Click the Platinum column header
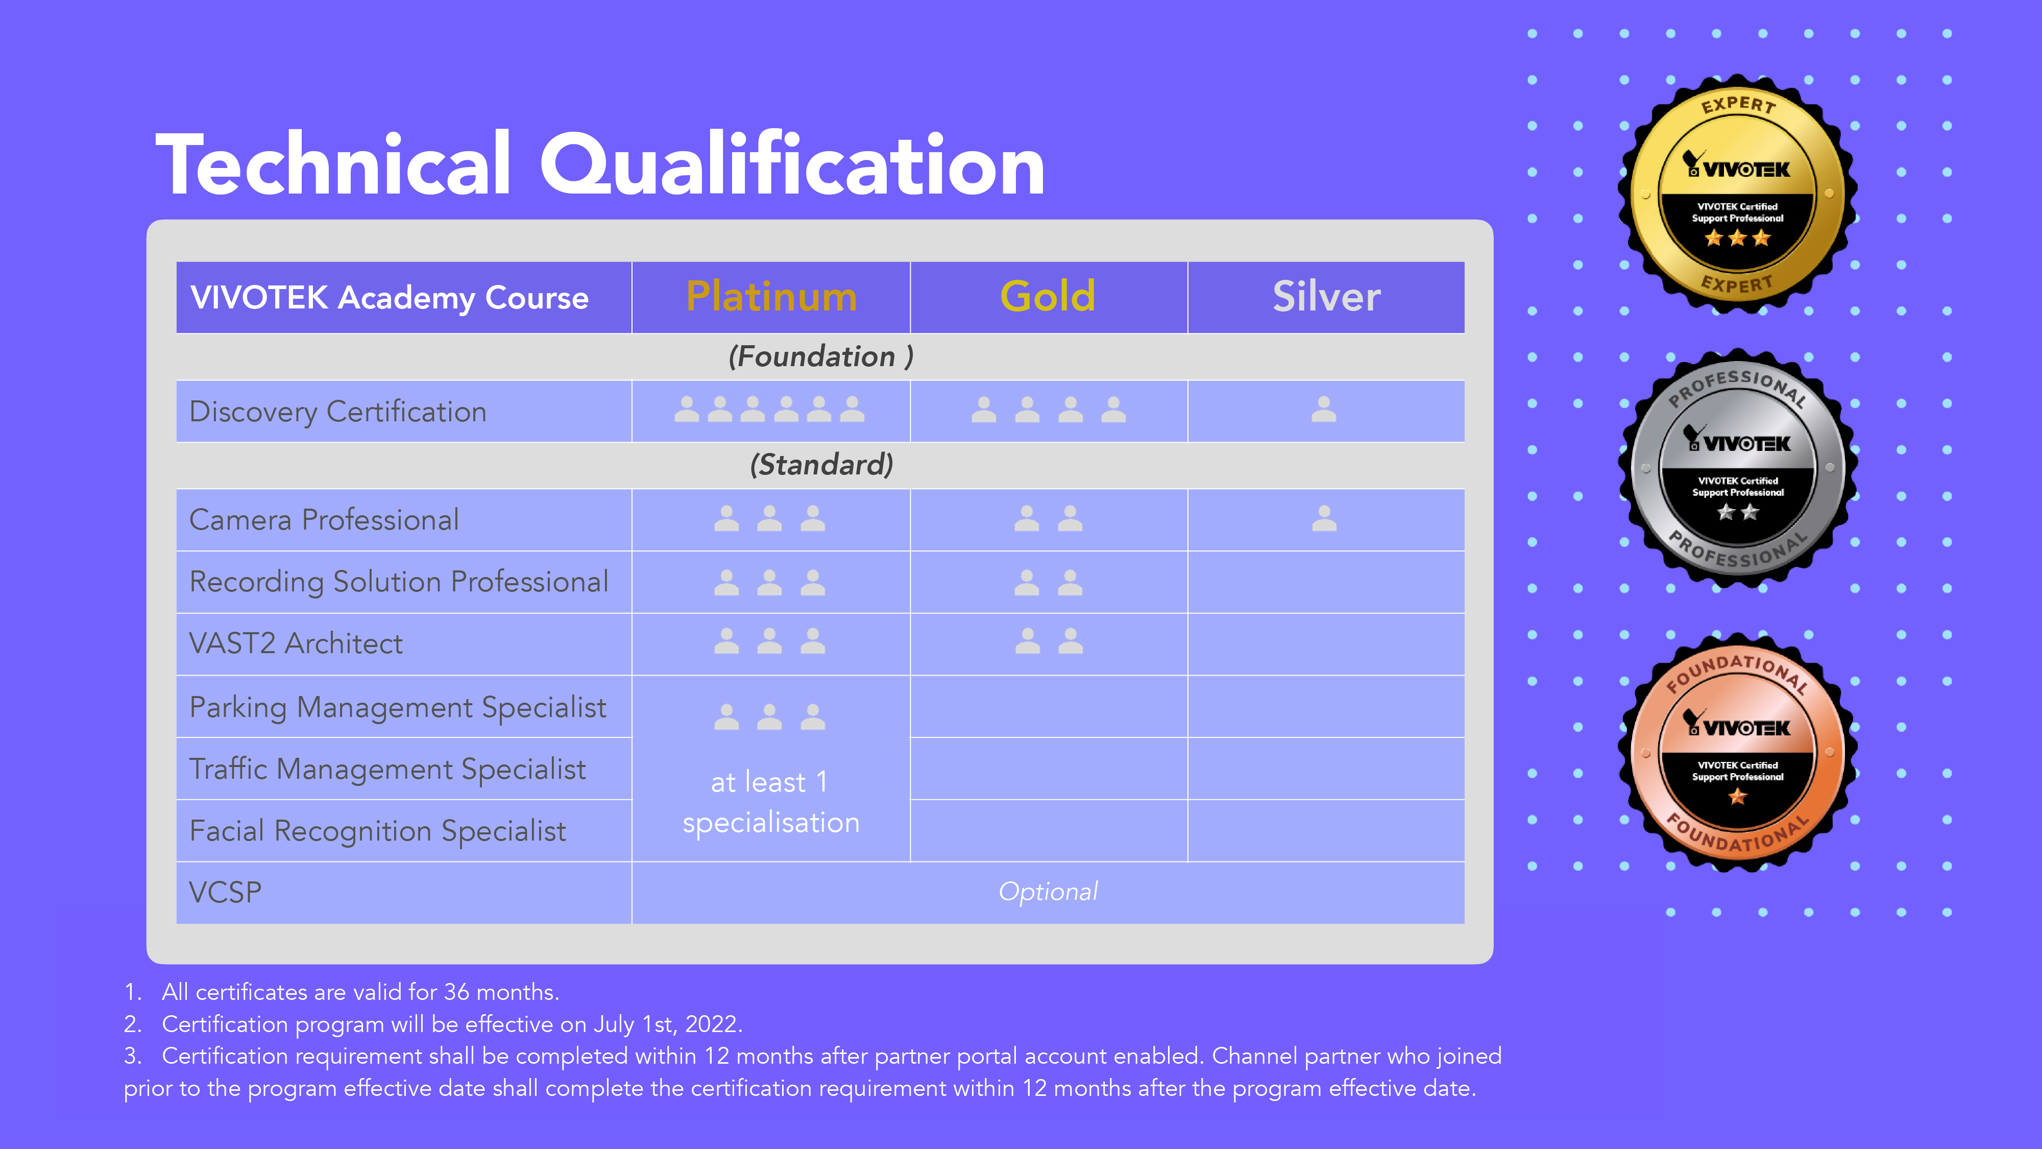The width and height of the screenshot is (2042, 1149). pos(771,297)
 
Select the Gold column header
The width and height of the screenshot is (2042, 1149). pos(1048,297)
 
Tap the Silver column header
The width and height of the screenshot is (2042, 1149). pos(1326,297)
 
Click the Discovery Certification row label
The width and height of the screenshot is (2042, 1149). pos(337,412)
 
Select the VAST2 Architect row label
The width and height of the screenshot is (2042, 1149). pos(296,643)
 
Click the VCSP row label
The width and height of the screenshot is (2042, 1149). pos(225,892)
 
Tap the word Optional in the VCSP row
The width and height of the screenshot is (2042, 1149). pos(1048,891)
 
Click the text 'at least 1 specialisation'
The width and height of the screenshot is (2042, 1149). pos(770,802)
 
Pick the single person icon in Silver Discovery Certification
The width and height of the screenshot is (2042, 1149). pos(1324,409)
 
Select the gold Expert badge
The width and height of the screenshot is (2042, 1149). pos(1737,194)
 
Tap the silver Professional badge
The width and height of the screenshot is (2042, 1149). pos(1737,468)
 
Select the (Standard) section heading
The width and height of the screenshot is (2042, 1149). pos(821,465)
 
